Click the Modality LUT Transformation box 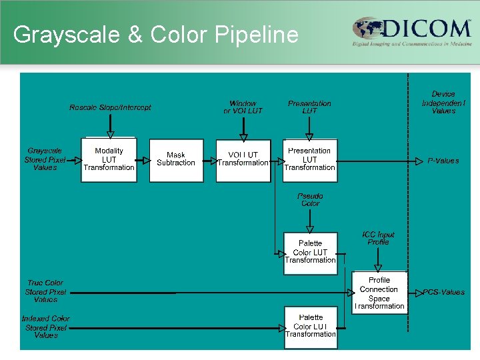pos(109,160)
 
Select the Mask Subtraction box pos(176,160)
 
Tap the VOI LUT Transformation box pos(243,160)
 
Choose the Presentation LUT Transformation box pos(310,160)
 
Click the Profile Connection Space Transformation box pos(379,293)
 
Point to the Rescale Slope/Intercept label pos(110,107)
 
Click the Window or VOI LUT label pos(243,107)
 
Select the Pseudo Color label pos(310,200)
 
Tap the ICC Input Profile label pos(378,238)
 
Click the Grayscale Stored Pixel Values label pos(45,159)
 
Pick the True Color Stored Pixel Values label pos(45,291)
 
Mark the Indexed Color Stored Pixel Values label pos(45,327)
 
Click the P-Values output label pos(443,161)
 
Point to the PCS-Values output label pos(444,293)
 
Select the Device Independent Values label pos(443,103)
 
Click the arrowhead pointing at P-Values pos(419,161)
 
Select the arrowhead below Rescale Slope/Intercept pos(110,135)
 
